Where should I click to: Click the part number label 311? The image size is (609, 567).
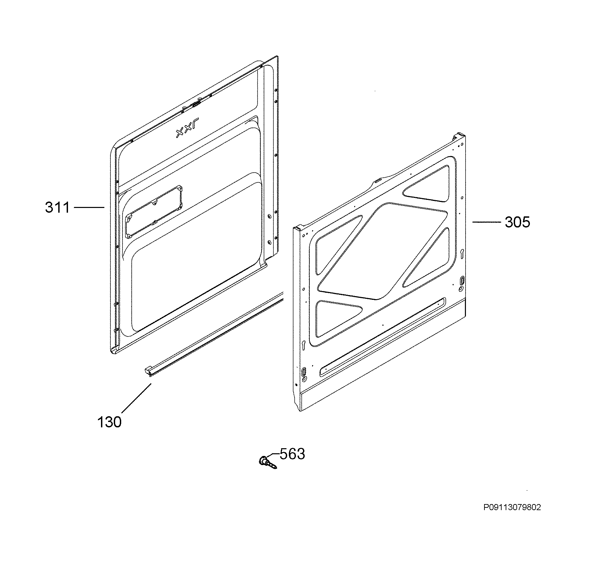coord(58,208)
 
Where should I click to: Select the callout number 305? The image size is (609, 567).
coord(517,222)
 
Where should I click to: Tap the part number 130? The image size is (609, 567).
coord(109,422)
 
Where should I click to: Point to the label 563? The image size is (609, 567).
coord(292,454)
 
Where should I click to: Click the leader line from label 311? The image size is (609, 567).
coord(89,208)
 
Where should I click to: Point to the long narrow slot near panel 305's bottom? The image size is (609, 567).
coord(382,337)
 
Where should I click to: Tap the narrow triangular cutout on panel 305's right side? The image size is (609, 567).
coord(426,257)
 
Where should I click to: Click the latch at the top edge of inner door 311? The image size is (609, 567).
coord(195,104)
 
